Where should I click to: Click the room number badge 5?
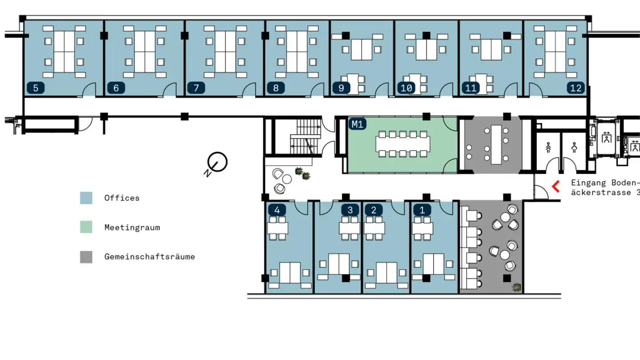36,88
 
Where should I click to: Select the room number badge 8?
276,88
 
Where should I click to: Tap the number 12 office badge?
576,88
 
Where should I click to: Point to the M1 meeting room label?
357,124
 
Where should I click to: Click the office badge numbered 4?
277,210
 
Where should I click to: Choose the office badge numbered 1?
422,210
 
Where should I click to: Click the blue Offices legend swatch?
86,198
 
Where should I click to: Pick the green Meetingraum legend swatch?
86,228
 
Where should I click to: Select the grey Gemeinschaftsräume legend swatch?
86,257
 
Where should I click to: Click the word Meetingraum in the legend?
132,228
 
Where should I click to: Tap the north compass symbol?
217,163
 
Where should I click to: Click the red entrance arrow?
556,187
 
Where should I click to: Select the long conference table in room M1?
403,144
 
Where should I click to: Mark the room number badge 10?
406,88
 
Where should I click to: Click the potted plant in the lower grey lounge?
516,287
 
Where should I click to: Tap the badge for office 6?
116,88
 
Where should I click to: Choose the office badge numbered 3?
350,210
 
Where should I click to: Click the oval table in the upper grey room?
496,144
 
